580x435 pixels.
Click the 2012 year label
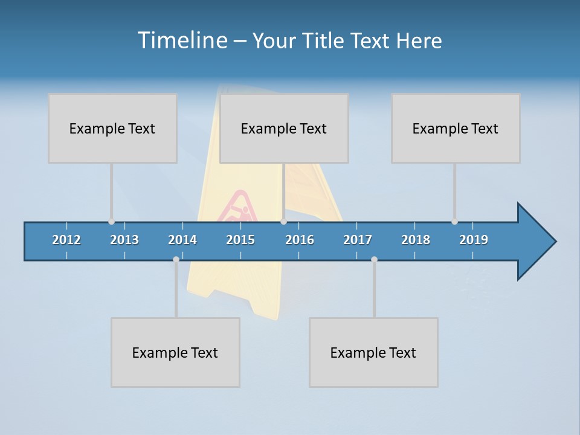(66, 240)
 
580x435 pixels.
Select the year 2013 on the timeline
(124, 240)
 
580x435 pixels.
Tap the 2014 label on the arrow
(182, 240)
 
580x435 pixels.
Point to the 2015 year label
(240, 240)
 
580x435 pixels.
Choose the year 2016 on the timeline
(300, 240)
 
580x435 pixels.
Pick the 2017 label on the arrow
(358, 240)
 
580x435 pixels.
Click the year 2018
(416, 240)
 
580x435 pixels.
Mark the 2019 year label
(474, 240)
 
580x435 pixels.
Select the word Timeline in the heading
(181, 40)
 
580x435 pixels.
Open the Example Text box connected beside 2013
(112, 128)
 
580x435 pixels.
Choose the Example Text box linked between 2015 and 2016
(284, 128)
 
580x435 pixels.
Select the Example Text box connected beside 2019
(456, 128)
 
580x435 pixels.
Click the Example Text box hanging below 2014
(175, 352)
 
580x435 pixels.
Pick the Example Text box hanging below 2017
(373, 352)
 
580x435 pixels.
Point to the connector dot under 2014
(176, 259)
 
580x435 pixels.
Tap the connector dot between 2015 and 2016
(284, 222)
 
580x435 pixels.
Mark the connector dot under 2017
(374, 259)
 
